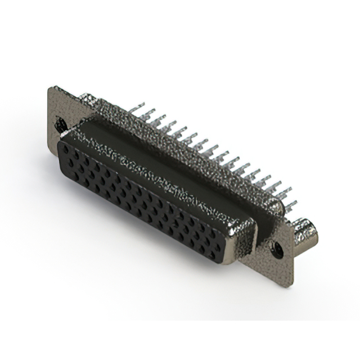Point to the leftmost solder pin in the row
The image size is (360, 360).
point(138,107)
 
